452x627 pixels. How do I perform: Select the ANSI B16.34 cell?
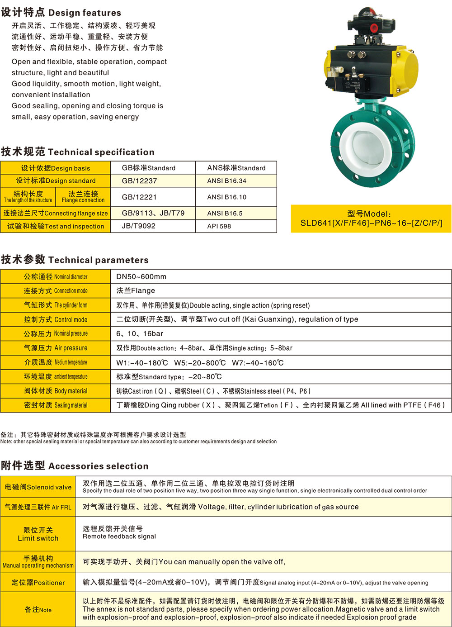[226, 180]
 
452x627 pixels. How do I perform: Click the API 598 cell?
[219, 226]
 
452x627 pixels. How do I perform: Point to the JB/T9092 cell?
[138, 226]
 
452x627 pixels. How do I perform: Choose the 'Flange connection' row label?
[83, 197]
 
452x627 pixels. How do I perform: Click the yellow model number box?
[371, 218]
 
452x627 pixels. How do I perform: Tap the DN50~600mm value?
[141, 276]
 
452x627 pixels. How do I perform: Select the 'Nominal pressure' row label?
[56, 334]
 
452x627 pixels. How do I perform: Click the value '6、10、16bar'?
[140, 334]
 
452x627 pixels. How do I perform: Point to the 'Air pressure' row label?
[56, 348]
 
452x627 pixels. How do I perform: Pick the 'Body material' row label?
[56, 391]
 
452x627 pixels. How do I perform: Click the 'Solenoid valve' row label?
[38, 487]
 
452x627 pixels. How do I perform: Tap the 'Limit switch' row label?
[38, 534]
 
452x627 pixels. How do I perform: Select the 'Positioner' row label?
[38, 583]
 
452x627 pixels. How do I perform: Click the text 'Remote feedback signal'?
[119, 537]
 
